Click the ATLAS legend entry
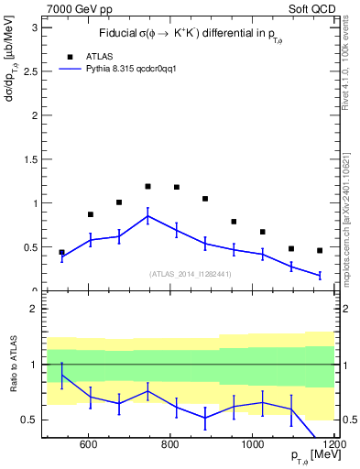click(x=98, y=56)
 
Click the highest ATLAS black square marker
click(x=147, y=186)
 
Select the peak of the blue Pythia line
click(x=147, y=216)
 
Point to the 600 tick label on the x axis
click(x=89, y=445)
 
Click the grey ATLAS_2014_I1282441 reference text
click(x=190, y=273)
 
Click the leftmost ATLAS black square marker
click(x=62, y=252)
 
